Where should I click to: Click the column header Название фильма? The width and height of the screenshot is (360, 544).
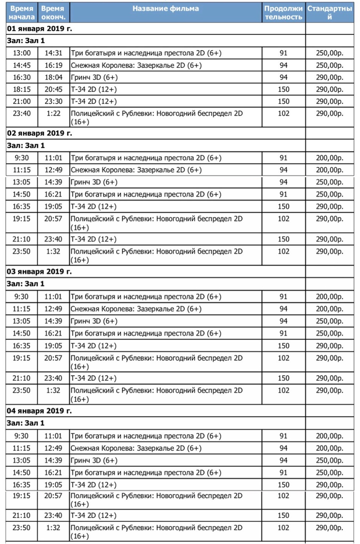[x=166, y=9]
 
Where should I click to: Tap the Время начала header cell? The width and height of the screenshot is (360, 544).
[x=22, y=13]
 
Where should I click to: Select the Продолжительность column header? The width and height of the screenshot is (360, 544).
[x=283, y=13]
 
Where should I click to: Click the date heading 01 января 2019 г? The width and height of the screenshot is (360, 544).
[x=40, y=29]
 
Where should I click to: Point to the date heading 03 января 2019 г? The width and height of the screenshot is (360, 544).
[x=40, y=272]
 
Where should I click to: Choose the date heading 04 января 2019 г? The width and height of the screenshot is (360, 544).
[x=40, y=411]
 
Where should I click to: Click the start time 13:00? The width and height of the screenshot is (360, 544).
[x=22, y=53]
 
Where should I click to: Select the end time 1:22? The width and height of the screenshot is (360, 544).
[x=53, y=114]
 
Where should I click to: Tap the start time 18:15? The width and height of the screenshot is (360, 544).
[x=22, y=89]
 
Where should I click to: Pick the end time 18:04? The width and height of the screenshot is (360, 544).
[x=53, y=77]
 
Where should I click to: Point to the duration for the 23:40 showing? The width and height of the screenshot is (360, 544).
[x=283, y=114]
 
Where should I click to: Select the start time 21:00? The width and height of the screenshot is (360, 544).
[x=22, y=101]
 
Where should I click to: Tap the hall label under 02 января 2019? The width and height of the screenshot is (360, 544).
[x=26, y=145]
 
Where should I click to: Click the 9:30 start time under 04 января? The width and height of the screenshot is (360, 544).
[x=22, y=436]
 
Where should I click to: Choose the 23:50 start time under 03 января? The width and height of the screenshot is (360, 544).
[x=22, y=390]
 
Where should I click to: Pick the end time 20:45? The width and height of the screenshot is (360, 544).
[x=53, y=89]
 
